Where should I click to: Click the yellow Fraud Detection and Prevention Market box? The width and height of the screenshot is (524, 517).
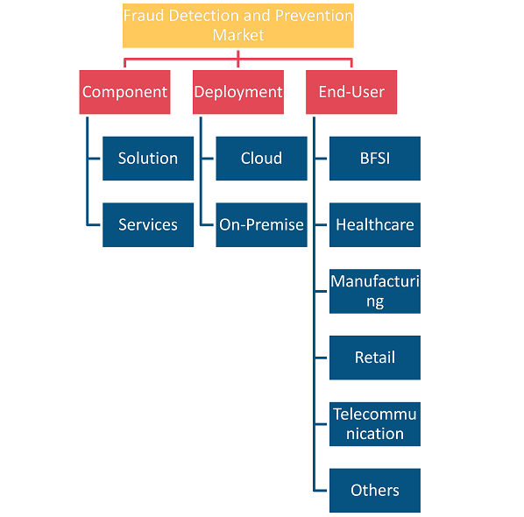[x=238, y=25]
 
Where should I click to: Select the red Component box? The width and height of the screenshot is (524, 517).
[x=124, y=92]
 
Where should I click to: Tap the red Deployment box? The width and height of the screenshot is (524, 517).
[x=238, y=92]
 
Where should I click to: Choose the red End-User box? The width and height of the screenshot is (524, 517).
[x=351, y=92]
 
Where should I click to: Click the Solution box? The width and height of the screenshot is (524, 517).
[x=148, y=159]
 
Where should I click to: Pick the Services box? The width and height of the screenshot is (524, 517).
[x=148, y=225]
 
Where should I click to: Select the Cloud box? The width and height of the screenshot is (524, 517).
[x=261, y=159]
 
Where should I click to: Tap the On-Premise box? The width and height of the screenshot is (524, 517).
[x=261, y=225]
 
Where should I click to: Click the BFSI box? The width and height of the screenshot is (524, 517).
[x=375, y=159]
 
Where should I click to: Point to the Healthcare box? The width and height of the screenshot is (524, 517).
[x=375, y=225]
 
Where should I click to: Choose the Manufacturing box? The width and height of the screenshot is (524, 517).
[x=375, y=291]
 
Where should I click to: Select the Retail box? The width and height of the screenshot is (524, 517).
[x=375, y=358]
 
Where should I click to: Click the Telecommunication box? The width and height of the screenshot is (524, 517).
[x=375, y=424]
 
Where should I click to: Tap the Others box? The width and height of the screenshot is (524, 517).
[x=375, y=490]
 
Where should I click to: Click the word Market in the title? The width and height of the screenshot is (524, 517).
[x=238, y=35]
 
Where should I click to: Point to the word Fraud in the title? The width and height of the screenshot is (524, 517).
[x=144, y=16]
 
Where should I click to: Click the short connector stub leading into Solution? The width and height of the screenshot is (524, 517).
[x=94, y=159]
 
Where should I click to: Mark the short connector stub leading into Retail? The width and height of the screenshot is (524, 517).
[x=321, y=358]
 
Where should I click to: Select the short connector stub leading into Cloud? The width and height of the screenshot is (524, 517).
[x=208, y=159]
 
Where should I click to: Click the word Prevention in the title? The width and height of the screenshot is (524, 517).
[x=314, y=16]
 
